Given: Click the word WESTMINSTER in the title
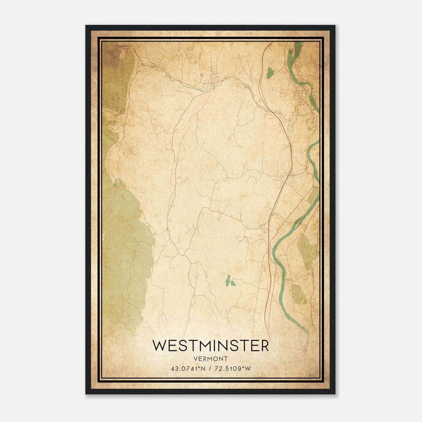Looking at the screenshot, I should (x=210, y=346).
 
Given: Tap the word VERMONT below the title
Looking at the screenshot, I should (x=210, y=359).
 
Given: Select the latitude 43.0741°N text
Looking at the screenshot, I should (x=188, y=369).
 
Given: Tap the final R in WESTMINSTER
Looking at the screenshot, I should (x=265, y=346).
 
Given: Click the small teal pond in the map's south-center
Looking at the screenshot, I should (x=228, y=281).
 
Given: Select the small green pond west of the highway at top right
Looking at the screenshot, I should (x=269, y=73).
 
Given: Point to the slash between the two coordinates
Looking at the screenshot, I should (x=210, y=369).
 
